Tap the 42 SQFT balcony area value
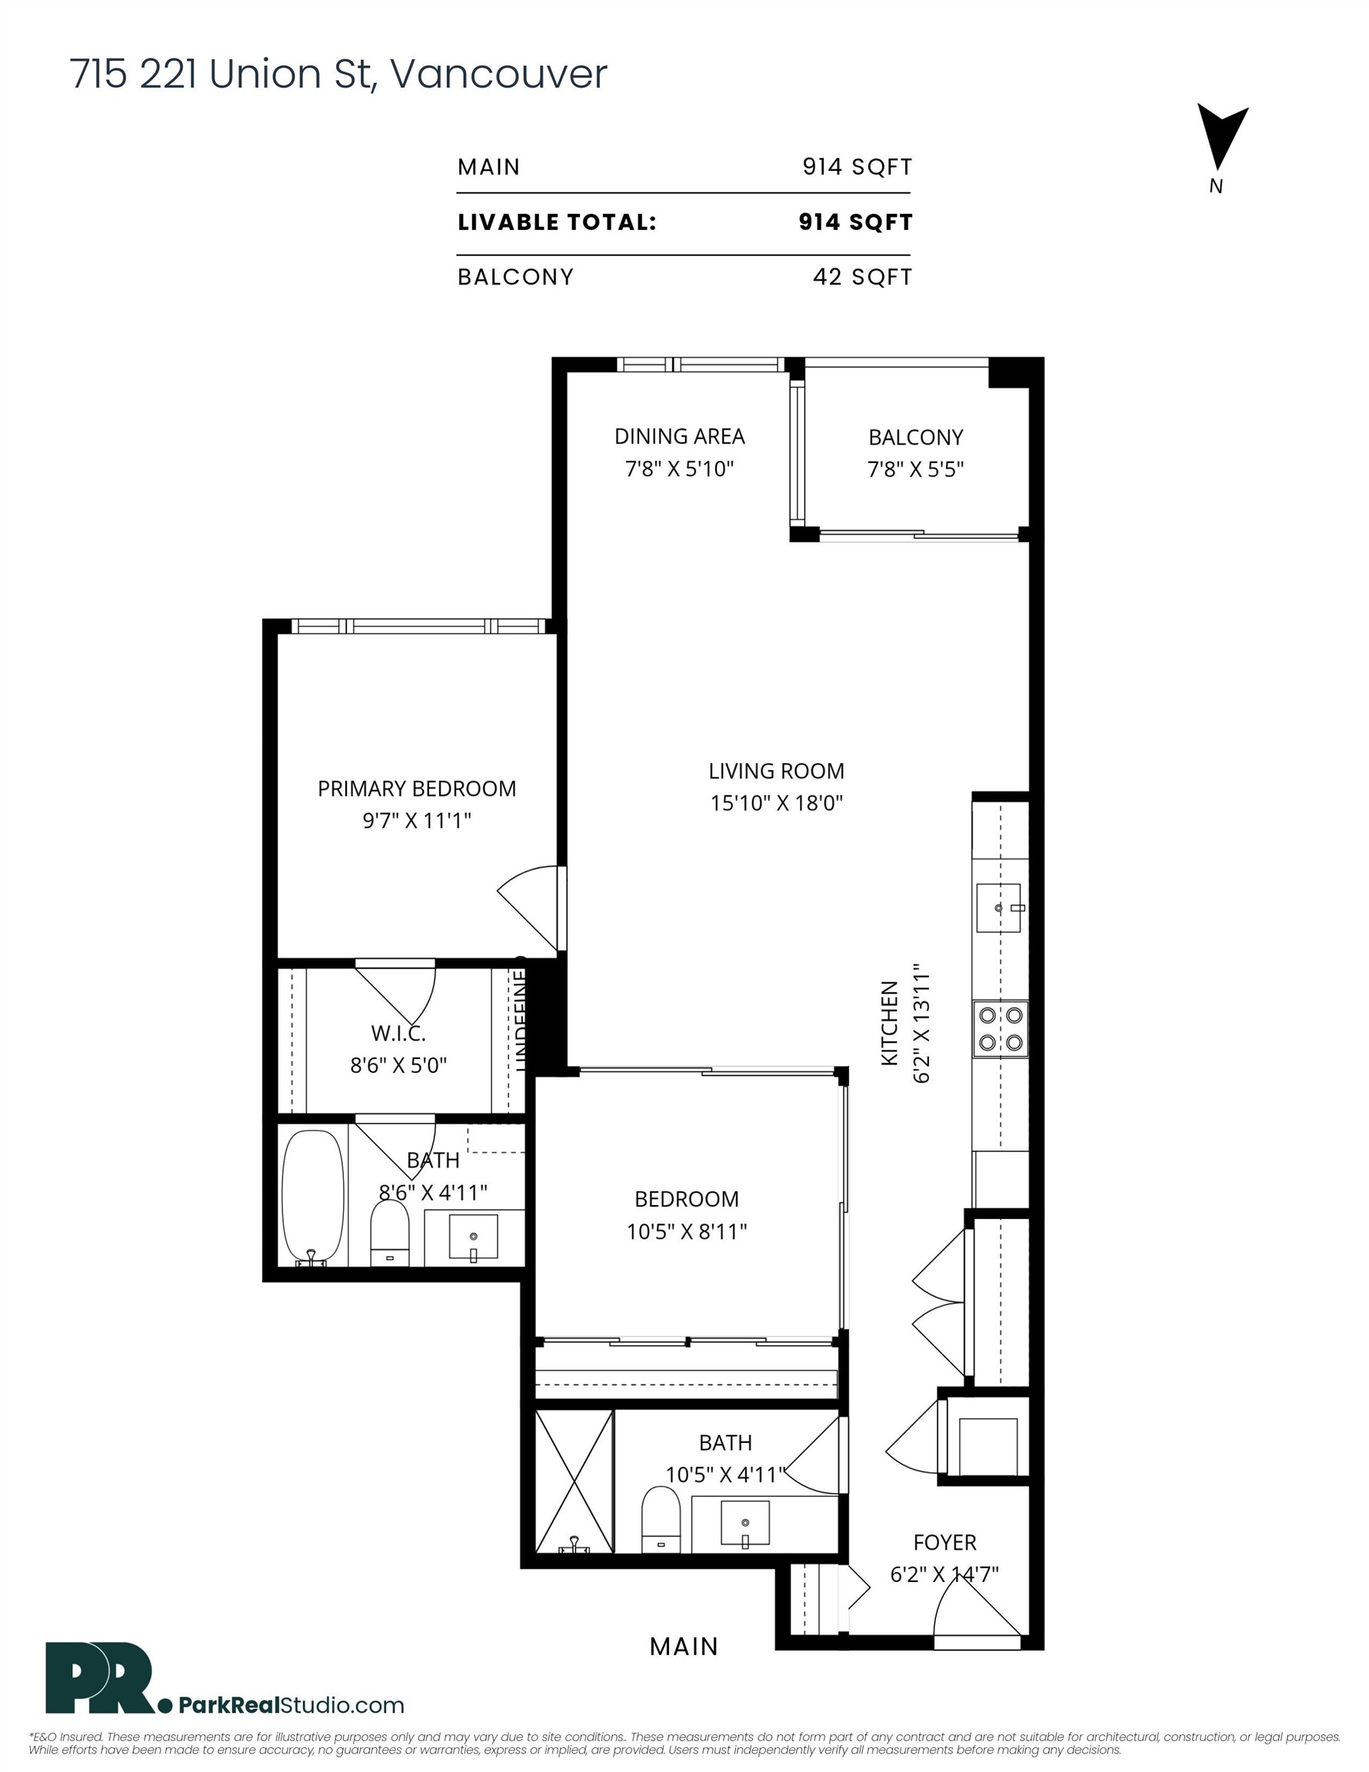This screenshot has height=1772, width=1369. click(x=862, y=278)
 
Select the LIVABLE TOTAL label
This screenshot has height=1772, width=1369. click(x=557, y=222)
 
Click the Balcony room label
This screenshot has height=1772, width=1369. click(x=915, y=438)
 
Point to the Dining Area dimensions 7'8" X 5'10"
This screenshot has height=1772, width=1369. click(x=679, y=469)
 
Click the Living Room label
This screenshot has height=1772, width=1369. click(x=776, y=771)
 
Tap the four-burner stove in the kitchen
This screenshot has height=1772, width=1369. click(x=1000, y=1029)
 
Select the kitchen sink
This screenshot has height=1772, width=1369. click(x=998, y=908)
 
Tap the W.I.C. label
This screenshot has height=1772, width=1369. click(x=398, y=1033)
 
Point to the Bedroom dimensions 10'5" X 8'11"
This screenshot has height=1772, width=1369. click(x=687, y=1231)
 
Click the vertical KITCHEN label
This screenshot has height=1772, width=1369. click(x=889, y=1023)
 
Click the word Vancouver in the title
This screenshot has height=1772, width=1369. click(x=498, y=75)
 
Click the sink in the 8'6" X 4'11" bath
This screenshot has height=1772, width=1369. click(x=473, y=1237)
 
